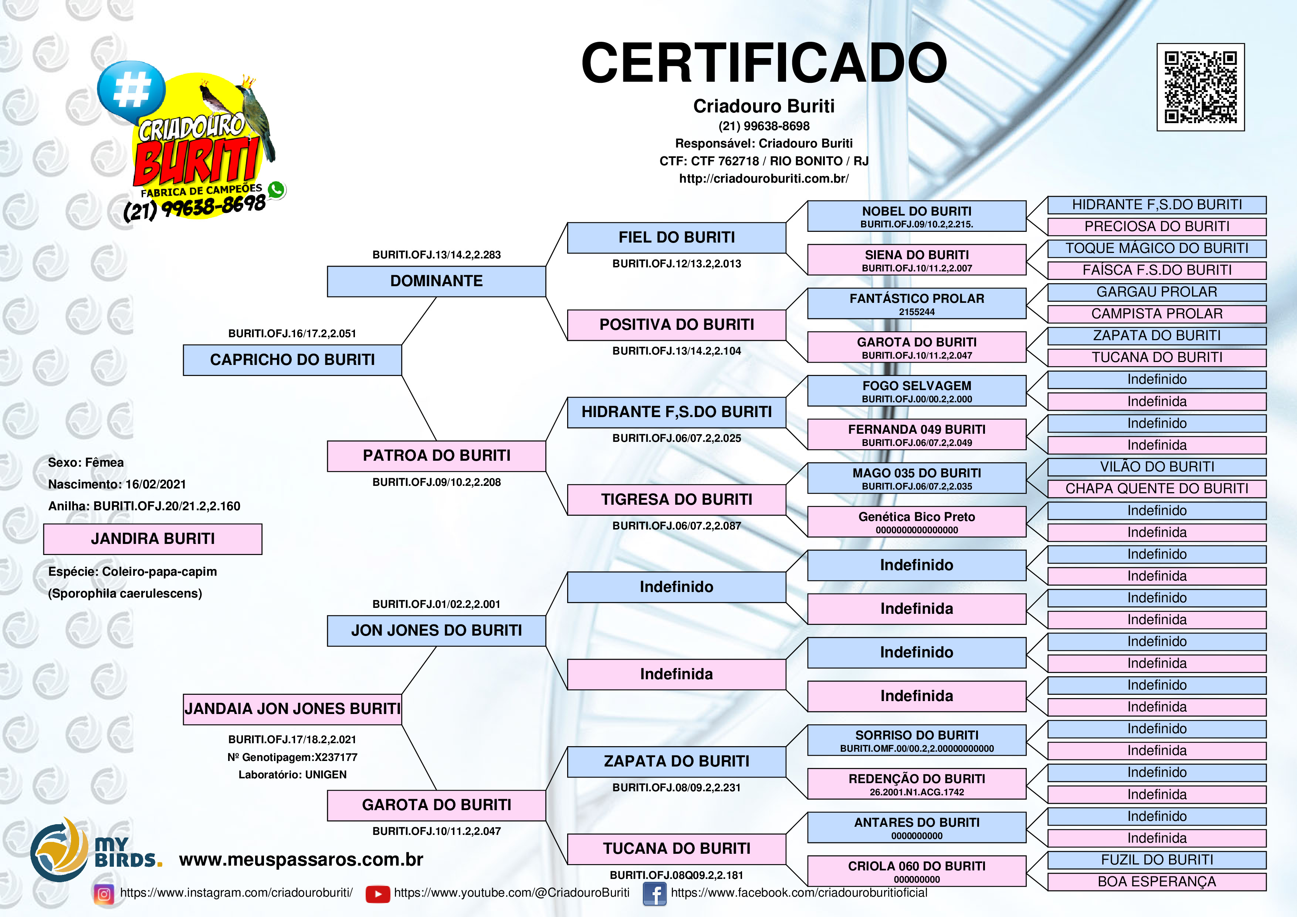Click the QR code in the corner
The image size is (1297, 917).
[1201, 87]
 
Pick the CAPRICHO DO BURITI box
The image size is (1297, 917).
[292, 360]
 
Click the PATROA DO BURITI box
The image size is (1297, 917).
[436, 456]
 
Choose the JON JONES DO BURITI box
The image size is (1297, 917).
[436, 630]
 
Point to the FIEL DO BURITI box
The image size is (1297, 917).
[676, 238]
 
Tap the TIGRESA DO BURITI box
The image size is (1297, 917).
[676, 500]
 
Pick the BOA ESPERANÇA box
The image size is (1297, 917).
[1157, 882]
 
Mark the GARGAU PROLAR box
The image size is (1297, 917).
[1157, 292]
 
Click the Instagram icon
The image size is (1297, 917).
[104, 894]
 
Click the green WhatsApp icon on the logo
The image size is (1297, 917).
[276, 190]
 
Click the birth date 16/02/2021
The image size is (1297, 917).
[155, 484]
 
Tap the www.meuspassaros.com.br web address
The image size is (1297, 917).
[301, 859]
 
